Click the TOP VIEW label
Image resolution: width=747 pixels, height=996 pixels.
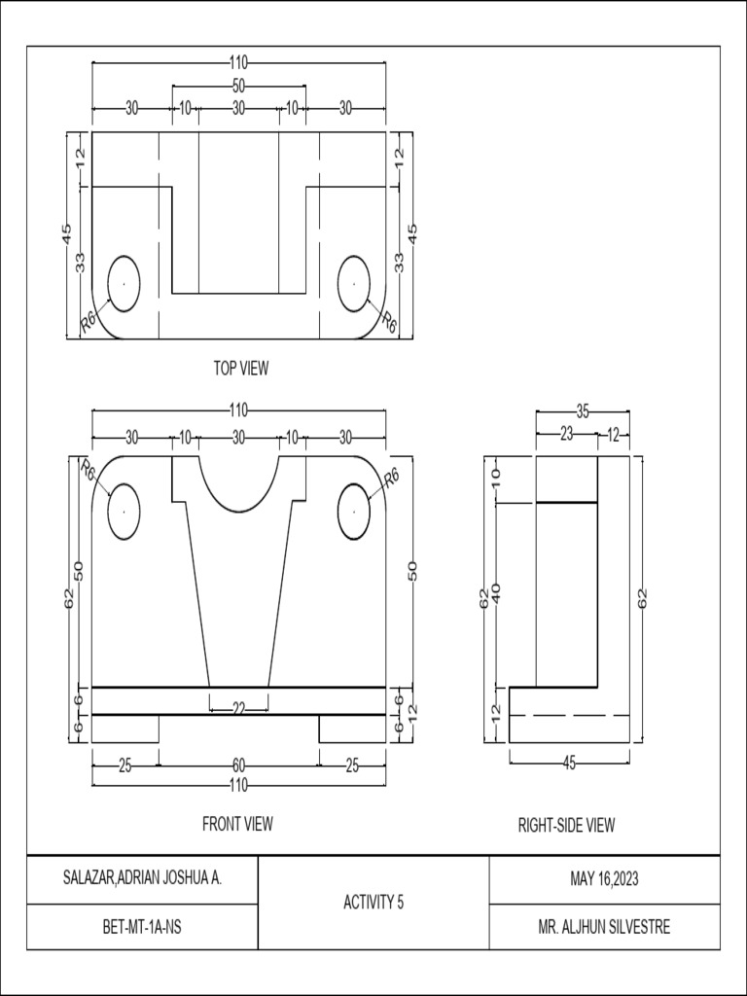coord(241,368)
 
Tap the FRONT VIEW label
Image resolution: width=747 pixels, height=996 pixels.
coord(237,824)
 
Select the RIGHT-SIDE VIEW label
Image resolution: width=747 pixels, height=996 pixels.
coord(566,826)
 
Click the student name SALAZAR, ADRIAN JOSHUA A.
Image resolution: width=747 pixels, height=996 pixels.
coord(142,879)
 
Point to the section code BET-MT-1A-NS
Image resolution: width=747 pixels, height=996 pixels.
coord(142,927)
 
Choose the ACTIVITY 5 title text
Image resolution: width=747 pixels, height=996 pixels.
coord(373,903)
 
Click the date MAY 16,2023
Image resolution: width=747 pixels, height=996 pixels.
coord(604,879)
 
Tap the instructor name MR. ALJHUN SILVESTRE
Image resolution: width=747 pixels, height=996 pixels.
coord(604,927)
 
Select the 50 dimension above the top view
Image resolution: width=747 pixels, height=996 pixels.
coord(238,86)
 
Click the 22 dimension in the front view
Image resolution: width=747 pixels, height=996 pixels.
coord(238,709)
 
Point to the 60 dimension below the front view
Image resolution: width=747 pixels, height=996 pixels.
coord(238,765)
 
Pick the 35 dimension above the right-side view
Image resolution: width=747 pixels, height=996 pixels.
coord(583,410)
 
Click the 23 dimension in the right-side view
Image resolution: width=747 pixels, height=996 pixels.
coord(566,435)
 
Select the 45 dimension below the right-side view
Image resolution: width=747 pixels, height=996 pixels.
coord(570,764)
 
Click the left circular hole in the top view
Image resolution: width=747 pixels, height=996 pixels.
coord(124,283)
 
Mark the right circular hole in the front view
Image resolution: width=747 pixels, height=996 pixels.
coord(354,510)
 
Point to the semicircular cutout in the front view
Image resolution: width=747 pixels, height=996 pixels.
coord(238,481)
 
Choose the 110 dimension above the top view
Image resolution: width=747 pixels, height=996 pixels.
coord(238,62)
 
